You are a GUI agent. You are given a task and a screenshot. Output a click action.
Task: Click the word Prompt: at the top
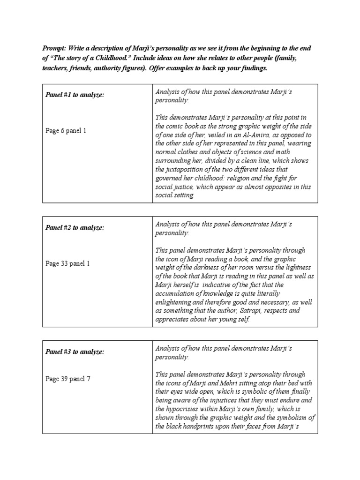55,48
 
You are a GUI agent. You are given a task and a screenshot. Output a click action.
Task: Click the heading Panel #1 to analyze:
75,95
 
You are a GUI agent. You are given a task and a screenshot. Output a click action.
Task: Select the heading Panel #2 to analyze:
75,227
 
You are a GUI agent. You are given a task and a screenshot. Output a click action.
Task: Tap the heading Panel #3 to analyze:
75,352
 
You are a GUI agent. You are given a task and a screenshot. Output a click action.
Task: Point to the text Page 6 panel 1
66,131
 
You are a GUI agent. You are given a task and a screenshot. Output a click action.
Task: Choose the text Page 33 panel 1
67,263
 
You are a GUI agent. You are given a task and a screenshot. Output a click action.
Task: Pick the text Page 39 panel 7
67,379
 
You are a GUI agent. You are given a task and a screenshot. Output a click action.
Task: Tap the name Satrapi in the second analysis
271,310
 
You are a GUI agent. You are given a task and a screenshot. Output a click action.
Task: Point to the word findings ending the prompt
254,68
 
